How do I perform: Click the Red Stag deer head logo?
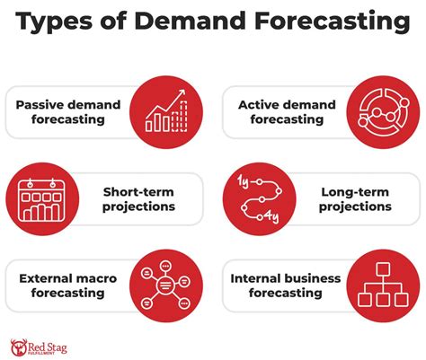(17, 346)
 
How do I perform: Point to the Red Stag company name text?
(50, 346)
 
